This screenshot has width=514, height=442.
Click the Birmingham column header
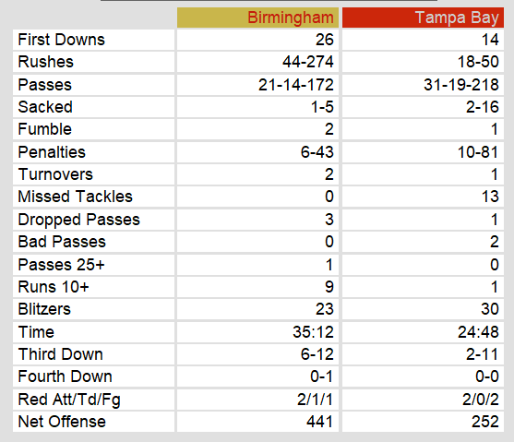click(x=291, y=18)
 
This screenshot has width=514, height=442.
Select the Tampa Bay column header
click(x=457, y=18)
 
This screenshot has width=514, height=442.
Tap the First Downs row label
click(x=61, y=40)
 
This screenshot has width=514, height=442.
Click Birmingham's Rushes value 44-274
click(x=308, y=62)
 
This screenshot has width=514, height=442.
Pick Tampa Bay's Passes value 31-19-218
click(x=461, y=85)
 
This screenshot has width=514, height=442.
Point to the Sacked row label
click(x=45, y=107)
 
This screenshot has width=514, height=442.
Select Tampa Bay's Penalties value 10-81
click(x=478, y=152)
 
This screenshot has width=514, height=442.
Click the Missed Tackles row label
click(x=76, y=197)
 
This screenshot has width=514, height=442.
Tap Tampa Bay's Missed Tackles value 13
click(x=490, y=197)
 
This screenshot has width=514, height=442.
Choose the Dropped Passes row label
click(x=79, y=220)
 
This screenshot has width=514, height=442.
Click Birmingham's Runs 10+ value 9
click(x=329, y=287)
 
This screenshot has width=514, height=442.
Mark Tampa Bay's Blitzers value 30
click(x=490, y=309)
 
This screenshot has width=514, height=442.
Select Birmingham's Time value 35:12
click(x=314, y=332)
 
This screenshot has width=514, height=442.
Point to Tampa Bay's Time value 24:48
click(x=479, y=332)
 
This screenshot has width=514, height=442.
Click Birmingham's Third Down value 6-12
click(x=317, y=354)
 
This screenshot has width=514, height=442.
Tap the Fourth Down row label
click(x=66, y=376)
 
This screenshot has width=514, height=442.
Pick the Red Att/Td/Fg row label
click(x=69, y=400)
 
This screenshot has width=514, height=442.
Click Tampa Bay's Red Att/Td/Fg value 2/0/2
click(x=481, y=400)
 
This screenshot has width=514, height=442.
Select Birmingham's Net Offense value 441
click(x=320, y=422)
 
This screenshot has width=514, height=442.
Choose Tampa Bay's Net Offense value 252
click(x=485, y=422)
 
